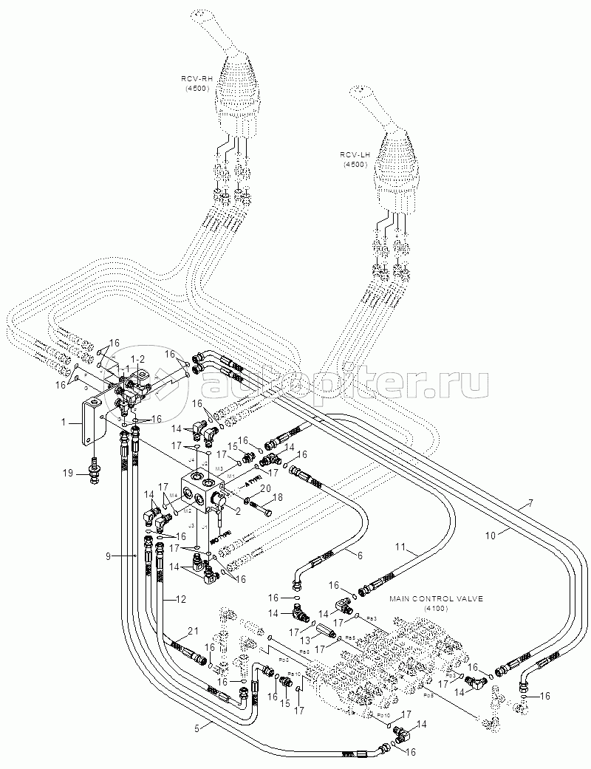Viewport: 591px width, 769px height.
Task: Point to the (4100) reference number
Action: click(x=427, y=609)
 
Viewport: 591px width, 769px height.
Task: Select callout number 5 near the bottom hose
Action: click(x=197, y=727)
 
